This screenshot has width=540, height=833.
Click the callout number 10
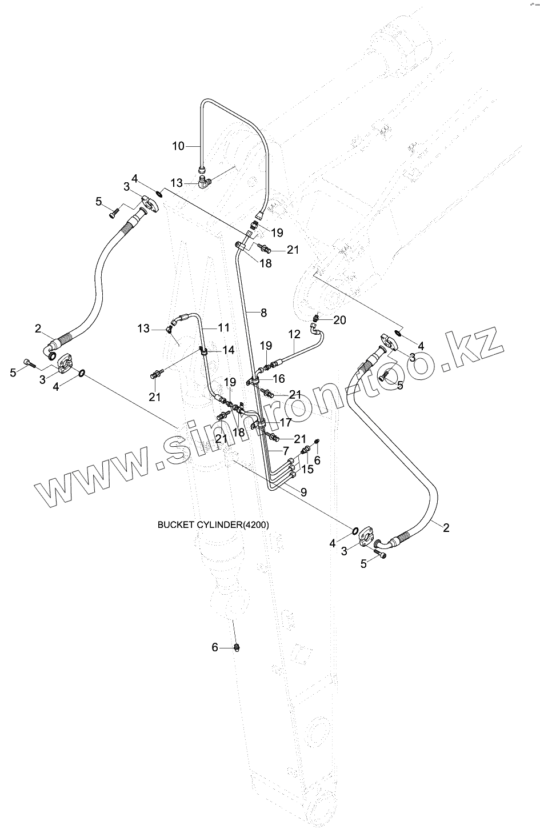[x=178, y=146]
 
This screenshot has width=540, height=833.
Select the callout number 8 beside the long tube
[x=263, y=313]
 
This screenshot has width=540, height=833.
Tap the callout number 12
[x=294, y=334]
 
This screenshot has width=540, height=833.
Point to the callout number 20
[x=339, y=320]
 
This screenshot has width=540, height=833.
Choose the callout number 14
[x=228, y=350]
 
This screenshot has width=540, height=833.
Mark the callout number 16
[x=279, y=378]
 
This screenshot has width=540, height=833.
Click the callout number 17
[x=286, y=423]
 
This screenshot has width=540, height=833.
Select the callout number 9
[x=303, y=491]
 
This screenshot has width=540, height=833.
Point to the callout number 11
[x=223, y=327]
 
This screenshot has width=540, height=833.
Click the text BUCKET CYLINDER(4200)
[x=213, y=524]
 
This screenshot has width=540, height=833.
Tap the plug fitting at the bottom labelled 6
[x=237, y=647]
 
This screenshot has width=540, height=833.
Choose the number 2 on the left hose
[x=38, y=329]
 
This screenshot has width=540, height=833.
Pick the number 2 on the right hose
[x=446, y=527]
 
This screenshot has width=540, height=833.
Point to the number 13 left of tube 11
[x=143, y=329]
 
